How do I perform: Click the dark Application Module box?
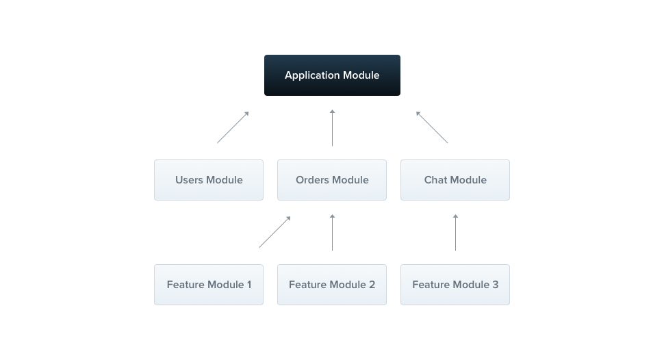(x=332, y=75)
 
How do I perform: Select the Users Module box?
(x=209, y=180)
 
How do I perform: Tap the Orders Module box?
(x=332, y=180)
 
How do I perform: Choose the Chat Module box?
(x=455, y=180)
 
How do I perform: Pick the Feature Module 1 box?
(x=209, y=285)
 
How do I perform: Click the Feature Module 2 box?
(x=332, y=285)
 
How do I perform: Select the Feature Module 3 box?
(x=455, y=285)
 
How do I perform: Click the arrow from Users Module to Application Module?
(x=233, y=127)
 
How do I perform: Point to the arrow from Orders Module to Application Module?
(x=332, y=127)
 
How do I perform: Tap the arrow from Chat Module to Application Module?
(x=432, y=127)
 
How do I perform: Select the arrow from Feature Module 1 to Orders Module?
(x=274, y=232)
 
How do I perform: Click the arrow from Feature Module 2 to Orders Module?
(x=332, y=232)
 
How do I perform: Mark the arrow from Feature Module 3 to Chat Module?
(x=455, y=232)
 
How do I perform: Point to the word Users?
(x=190, y=180)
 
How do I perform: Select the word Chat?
(x=436, y=180)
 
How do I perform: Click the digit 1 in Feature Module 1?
(x=248, y=285)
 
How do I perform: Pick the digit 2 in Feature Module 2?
(x=372, y=285)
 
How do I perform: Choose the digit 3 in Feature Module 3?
(x=495, y=285)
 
